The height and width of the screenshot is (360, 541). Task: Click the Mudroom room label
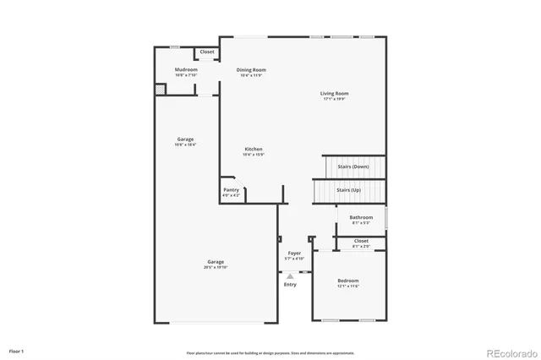[186, 69]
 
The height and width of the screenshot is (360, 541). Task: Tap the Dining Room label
[251, 69]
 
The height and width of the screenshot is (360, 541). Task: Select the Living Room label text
[334, 94]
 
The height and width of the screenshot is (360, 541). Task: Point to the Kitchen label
[254, 149]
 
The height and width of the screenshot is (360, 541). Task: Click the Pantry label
[231, 190]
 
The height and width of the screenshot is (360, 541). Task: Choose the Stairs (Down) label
[352, 166]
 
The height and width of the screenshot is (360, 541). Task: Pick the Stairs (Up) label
[349, 190]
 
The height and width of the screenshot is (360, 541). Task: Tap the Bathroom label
[361, 217]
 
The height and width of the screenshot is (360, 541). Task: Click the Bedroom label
[348, 281]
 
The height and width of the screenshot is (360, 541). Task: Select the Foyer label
[294, 253]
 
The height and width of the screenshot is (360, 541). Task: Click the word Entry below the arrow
[290, 285]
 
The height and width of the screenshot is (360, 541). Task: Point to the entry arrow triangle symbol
[290, 275]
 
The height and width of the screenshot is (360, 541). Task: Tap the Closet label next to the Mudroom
[207, 52]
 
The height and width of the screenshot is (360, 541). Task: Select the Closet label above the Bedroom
[361, 241]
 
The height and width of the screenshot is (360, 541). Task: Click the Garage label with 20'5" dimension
[215, 262]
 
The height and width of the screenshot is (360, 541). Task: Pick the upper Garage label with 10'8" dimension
[185, 139]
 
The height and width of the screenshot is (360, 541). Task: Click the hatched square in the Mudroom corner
[159, 89]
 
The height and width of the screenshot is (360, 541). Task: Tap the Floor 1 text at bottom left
[17, 350]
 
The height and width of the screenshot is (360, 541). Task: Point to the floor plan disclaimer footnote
[270, 352]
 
